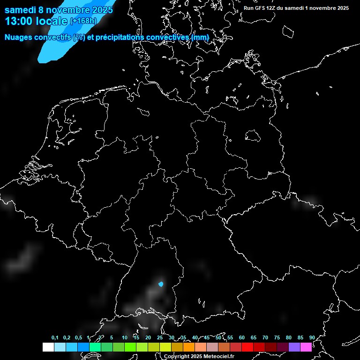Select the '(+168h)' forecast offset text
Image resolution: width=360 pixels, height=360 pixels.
83,21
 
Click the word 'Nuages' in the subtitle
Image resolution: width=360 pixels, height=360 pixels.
18,37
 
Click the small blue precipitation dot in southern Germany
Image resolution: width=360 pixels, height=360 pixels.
161,284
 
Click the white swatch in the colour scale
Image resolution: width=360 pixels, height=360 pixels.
48,347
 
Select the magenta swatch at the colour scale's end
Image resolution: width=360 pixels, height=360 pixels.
306,347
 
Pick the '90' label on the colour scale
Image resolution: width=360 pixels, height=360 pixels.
312,337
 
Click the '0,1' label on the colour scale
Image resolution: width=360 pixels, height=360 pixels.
55,337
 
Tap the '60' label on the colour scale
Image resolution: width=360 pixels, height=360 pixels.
241,337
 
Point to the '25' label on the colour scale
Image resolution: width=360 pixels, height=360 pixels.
159,337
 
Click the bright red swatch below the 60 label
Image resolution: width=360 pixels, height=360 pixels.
247,347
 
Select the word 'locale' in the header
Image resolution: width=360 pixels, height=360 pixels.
53,21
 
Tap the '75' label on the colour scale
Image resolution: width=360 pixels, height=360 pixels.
277,337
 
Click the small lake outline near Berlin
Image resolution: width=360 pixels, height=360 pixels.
253,136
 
